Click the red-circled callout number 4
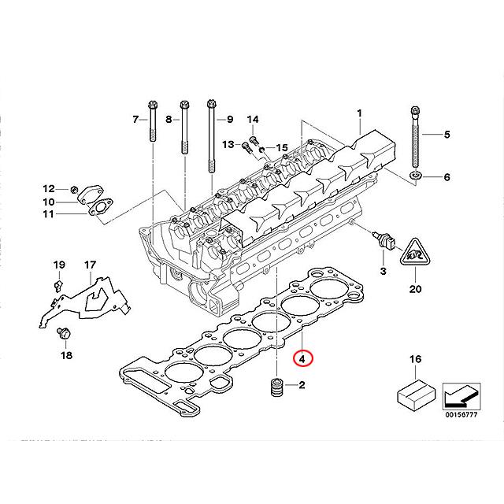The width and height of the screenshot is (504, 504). click(x=303, y=358)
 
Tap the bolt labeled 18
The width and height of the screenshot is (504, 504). click(x=62, y=335)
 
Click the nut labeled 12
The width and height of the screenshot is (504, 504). click(x=74, y=190)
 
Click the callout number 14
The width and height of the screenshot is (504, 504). click(x=253, y=119)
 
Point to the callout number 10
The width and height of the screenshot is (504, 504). click(x=49, y=202)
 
